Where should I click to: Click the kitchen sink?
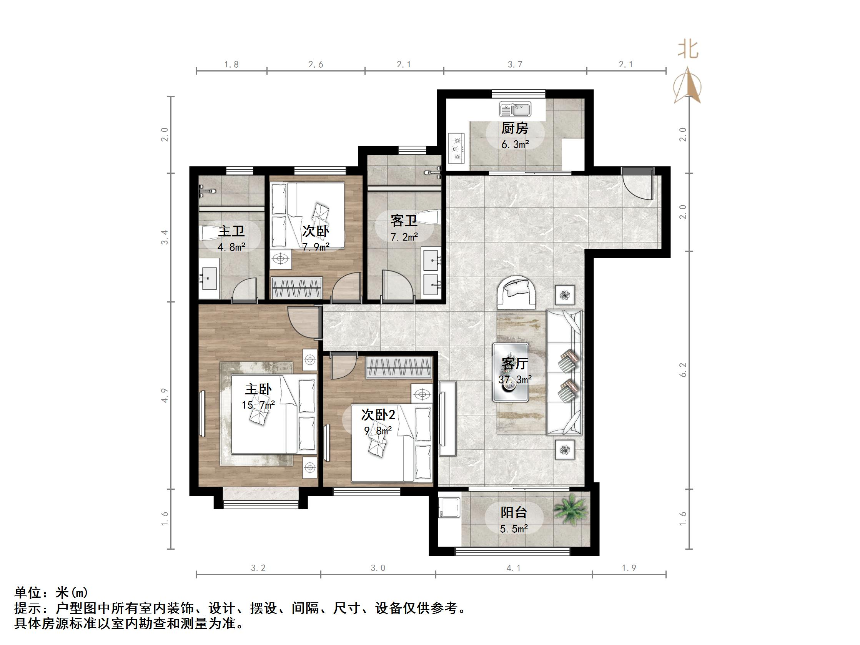coord(515,109)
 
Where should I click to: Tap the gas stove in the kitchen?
coord(456,148)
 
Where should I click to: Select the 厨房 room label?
coord(515,128)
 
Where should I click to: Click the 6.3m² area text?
coord(515,145)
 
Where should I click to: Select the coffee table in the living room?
coord(511,372)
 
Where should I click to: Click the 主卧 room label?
coord(258,389)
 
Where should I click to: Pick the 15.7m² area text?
coord(258,405)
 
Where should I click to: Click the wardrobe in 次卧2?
coord(398,367)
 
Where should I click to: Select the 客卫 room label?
coord(404,221)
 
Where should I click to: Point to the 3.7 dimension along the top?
coord(515,65)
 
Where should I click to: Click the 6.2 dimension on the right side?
coord(683,370)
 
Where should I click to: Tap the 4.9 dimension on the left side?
coord(165,395)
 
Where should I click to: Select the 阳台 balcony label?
coord(514,512)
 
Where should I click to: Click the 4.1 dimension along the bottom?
coord(514,568)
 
